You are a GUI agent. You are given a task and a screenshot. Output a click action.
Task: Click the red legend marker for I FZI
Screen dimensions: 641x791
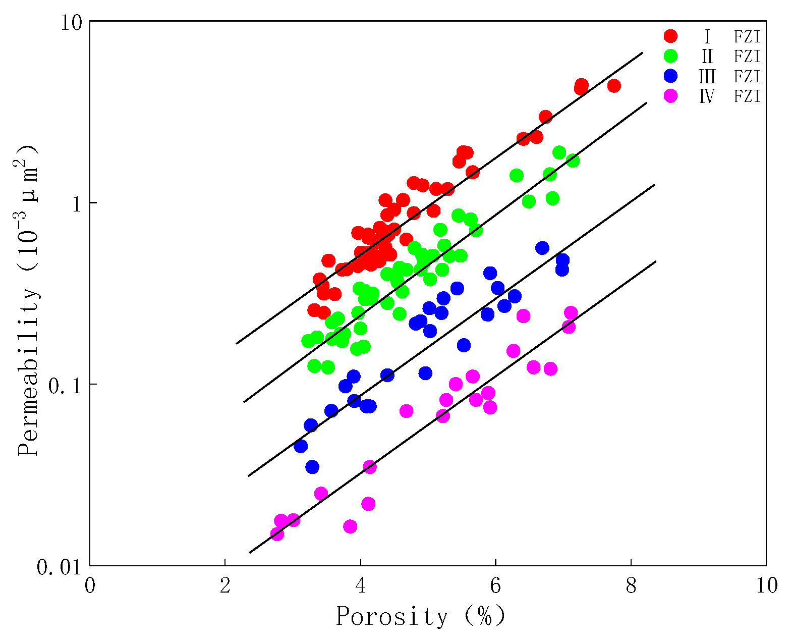point(671,36)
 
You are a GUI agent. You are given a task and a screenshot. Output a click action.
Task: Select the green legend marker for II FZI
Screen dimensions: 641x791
point(671,56)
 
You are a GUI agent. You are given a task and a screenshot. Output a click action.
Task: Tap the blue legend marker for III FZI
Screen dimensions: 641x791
point(671,76)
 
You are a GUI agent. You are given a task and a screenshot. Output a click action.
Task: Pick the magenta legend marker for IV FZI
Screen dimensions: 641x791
point(671,96)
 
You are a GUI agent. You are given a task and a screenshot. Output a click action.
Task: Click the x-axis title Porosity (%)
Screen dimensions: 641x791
point(420,617)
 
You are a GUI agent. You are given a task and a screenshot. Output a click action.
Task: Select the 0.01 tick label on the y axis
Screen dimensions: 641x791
point(59,567)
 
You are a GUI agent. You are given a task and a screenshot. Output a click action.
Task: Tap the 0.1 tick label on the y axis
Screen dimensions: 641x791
point(64,385)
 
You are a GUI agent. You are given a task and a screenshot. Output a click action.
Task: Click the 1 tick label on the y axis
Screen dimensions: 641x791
point(76,203)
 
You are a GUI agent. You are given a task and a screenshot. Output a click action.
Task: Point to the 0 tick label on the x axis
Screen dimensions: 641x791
point(90,585)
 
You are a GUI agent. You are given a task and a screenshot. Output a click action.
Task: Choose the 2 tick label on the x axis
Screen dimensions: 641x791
point(225,585)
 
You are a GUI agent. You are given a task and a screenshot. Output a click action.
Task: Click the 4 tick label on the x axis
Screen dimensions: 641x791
point(360,585)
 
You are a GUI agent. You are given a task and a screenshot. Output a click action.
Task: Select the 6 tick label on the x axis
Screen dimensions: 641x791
point(495,585)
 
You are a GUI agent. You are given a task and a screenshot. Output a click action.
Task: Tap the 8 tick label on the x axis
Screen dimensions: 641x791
point(631,585)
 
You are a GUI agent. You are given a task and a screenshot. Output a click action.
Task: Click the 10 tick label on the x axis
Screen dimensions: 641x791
point(766,585)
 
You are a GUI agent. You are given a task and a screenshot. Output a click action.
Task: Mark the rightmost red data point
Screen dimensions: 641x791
point(614,86)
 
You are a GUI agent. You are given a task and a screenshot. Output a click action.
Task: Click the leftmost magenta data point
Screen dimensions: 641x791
point(277,533)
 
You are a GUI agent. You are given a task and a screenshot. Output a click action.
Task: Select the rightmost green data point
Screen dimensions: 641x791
point(573,161)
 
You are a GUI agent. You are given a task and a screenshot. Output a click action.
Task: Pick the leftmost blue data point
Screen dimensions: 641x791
point(301,446)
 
